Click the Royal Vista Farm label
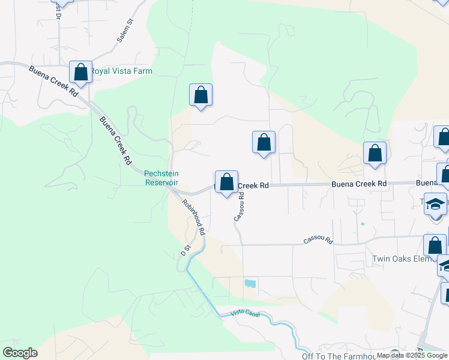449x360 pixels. (x=121, y=71)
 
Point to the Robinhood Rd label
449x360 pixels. (x=194, y=216)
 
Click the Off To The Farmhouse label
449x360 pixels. (x=340, y=356)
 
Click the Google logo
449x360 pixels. (x=20, y=353)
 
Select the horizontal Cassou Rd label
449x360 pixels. (x=318, y=241)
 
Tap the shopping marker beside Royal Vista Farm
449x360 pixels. (x=80, y=73)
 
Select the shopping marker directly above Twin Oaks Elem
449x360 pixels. (x=434, y=245)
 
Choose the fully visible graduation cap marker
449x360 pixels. (x=435, y=204)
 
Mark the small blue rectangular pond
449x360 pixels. (x=250, y=283)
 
